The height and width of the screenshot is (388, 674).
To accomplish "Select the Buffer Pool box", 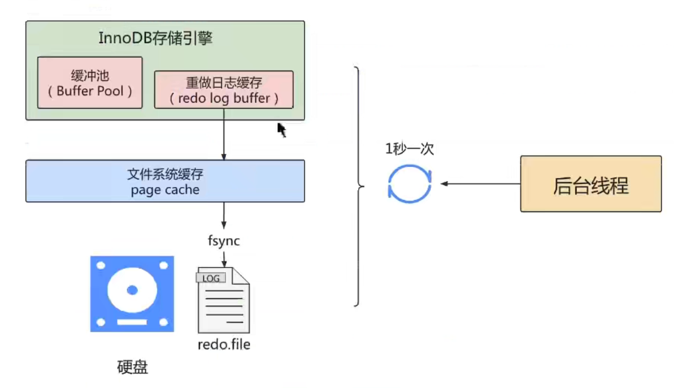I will pos(90,83).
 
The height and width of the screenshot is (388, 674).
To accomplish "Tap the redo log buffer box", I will pos(224,89).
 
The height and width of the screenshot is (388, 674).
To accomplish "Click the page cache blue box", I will pos(165,181).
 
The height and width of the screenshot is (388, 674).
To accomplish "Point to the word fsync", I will pos(224,241).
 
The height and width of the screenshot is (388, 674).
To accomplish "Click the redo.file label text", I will pos(224,344).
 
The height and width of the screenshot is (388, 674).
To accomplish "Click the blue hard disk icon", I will pos(132,294).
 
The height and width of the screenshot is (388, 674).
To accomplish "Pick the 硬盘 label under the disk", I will pos(132,368).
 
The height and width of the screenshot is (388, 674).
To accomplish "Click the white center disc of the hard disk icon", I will pos(132,290).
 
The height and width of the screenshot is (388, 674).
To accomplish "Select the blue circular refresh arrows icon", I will pos(410,183).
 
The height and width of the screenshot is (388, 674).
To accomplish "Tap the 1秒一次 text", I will pos(410,149).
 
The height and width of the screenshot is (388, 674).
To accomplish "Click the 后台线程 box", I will pos(590,184).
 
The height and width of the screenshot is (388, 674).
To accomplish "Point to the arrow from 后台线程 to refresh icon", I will pos(480,184).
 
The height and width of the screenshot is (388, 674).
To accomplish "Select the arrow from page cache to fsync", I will pos(224,215).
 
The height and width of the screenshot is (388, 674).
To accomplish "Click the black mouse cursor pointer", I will pos(281,130).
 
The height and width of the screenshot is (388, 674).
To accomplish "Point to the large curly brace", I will pos(358,187).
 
